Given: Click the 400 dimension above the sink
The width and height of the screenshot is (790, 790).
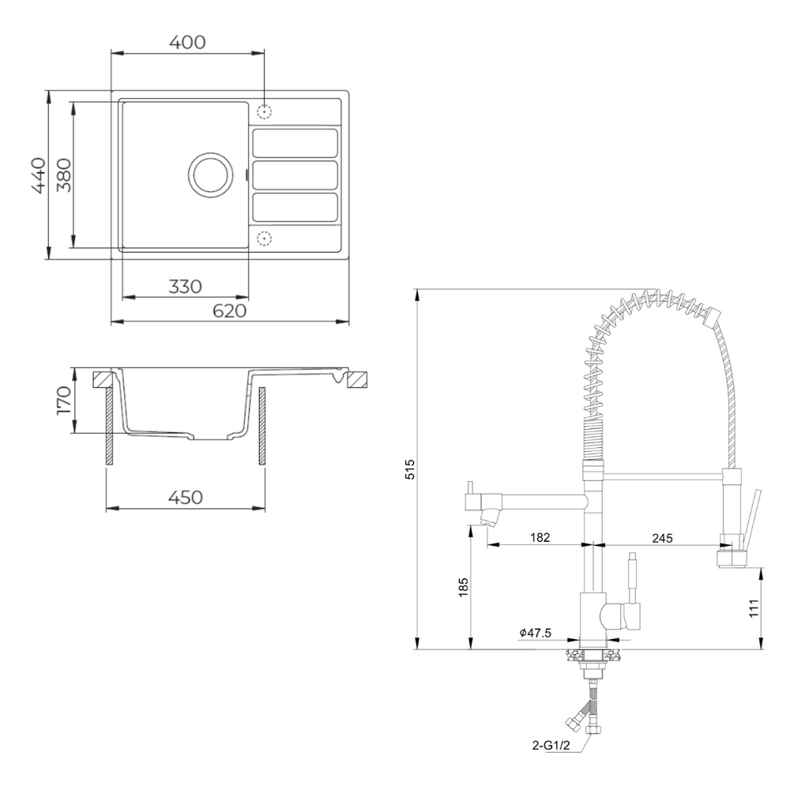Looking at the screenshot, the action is coord(187,43).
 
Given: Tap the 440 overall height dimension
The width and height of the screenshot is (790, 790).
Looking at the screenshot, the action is coord(39,175).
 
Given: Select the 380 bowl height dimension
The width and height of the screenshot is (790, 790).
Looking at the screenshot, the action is coord(64,175).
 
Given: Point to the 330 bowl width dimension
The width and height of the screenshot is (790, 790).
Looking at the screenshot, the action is coord(186,287).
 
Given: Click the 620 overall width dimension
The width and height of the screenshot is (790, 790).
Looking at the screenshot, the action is coord(229,310).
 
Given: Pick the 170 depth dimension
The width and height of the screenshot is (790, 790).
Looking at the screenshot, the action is coord(64,400).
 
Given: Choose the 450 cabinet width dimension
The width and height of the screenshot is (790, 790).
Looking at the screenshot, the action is coord(186,498).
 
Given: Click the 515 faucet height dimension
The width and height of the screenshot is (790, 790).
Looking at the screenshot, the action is coord(410,469).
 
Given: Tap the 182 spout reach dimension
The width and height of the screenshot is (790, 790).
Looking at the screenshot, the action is coord(540,537).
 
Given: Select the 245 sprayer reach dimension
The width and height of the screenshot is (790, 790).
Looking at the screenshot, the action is coord(662,538).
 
